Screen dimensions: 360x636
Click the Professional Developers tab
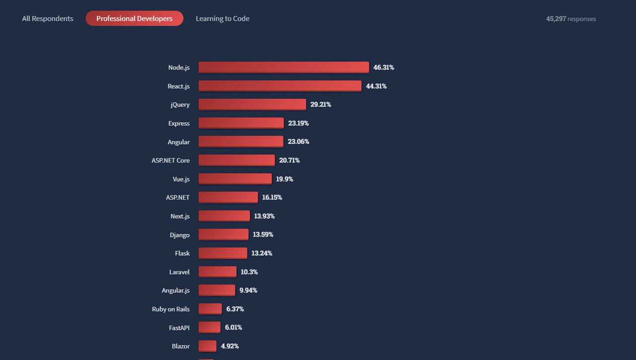tap(134, 18)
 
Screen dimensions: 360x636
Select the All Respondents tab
tap(48, 18)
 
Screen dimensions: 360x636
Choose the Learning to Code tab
tap(223, 18)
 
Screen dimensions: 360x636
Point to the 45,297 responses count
tap(571, 19)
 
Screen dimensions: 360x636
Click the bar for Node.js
tap(284, 67)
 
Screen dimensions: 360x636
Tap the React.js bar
tap(280, 86)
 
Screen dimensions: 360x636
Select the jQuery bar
tap(252, 104)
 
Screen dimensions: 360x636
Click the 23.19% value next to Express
tap(298, 123)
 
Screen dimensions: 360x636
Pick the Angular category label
tap(178, 142)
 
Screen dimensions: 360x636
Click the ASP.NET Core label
tap(170, 160)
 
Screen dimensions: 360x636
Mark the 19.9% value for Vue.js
tap(285, 179)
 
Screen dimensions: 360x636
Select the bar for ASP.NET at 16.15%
tap(228, 197)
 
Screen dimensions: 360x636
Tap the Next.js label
tap(180, 216)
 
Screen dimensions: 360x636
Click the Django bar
tap(224, 234)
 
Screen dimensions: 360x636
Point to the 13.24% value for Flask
tap(261, 253)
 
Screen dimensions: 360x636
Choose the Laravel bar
tap(218, 271)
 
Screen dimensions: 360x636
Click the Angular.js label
tap(175, 290)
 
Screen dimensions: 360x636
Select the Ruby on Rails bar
tap(210, 309)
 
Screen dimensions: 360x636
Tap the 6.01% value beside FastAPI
tap(234, 327)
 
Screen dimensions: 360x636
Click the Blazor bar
tap(208, 346)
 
